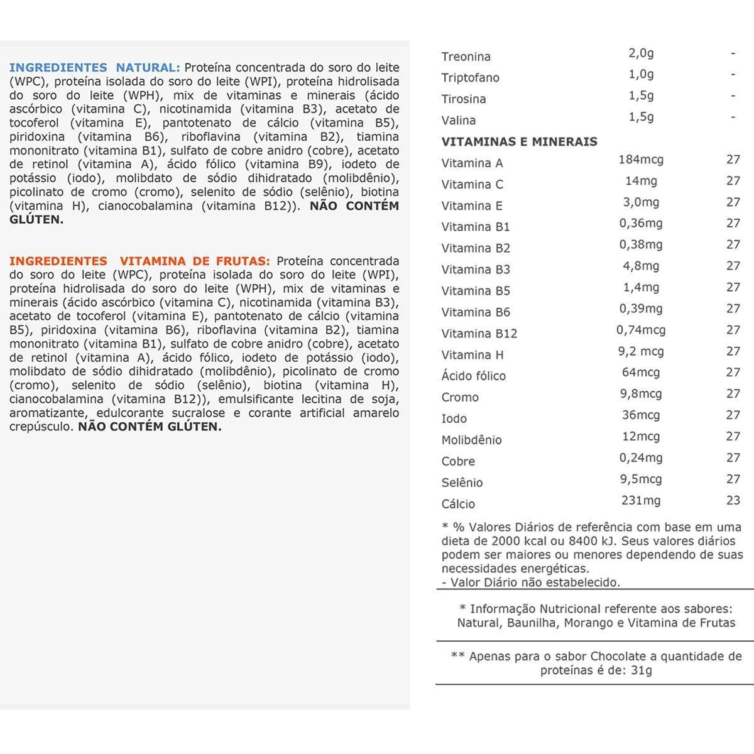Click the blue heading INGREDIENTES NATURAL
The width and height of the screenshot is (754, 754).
[x=94, y=68]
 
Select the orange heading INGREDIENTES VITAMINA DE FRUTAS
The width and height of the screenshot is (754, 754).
[x=139, y=261]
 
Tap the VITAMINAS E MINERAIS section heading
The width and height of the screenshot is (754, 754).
[x=519, y=141]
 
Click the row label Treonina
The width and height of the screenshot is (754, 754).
[x=466, y=57]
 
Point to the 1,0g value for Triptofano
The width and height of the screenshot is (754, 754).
[x=641, y=74]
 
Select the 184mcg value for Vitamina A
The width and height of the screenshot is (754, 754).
[x=641, y=160]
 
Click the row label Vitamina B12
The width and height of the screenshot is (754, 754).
[x=479, y=334]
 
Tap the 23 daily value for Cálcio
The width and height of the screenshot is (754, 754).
[x=733, y=501]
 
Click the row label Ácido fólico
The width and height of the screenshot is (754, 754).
[x=473, y=376]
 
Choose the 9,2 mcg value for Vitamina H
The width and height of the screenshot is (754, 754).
[x=641, y=351]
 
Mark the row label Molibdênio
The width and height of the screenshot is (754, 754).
[x=471, y=440]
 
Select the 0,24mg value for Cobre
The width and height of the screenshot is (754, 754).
[x=641, y=458]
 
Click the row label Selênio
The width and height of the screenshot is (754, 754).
[x=462, y=483]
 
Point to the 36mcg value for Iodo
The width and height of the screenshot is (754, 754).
[x=641, y=415]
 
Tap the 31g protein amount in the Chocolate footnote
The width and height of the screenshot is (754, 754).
[x=642, y=670]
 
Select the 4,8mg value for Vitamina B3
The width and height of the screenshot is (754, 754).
[x=641, y=266]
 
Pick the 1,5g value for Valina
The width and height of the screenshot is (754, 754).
[x=641, y=117]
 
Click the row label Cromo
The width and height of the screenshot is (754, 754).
[x=460, y=398]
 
